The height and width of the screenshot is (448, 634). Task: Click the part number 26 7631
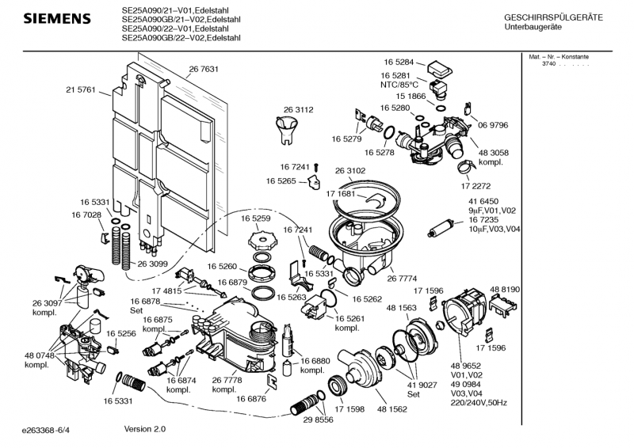(x=204, y=69)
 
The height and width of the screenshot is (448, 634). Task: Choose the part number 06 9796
(x=492, y=125)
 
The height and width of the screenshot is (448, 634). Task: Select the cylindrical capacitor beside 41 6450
(x=438, y=230)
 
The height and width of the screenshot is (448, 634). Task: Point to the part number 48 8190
(x=505, y=290)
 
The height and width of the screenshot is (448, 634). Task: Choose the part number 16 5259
(x=256, y=218)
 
